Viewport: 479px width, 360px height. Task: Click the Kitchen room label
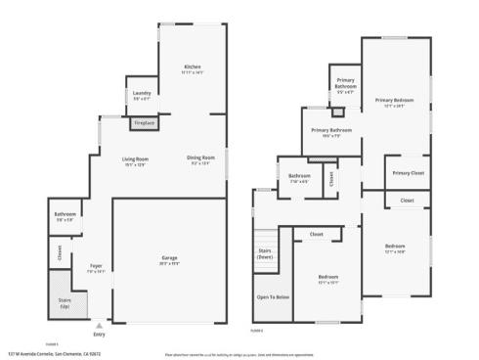(x=192, y=67)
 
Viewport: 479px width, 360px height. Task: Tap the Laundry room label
(x=142, y=94)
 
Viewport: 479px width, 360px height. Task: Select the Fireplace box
(x=144, y=123)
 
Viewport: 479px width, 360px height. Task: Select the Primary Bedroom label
(x=394, y=100)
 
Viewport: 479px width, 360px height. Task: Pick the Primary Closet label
(x=408, y=173)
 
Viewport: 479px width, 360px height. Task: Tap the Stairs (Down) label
(x=264, y=252)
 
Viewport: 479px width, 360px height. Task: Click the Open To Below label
(x=273, y=296)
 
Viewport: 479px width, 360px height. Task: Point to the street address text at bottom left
(x=67, y=354)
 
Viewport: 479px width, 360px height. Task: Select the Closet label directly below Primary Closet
(x=407, y=201)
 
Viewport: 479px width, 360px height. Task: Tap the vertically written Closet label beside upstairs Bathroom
(x=331, y=178)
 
